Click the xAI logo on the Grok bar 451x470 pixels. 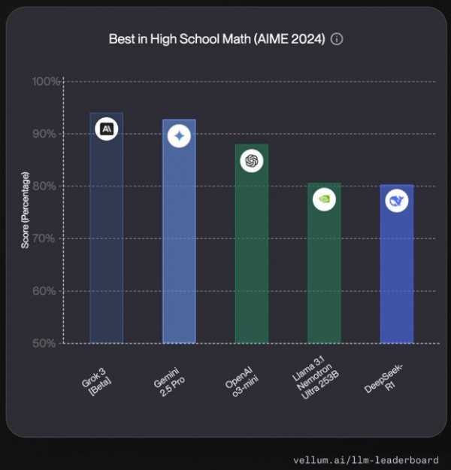pos(107,129)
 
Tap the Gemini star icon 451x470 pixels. pos(179,136)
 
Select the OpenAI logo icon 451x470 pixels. pos(252,160)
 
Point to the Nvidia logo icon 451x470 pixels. pos(324,200)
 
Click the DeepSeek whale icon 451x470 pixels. pos(396,201)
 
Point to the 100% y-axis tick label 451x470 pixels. pos(46,81)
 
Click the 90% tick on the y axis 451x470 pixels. pos(48,134)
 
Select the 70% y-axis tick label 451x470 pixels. pos(48,238)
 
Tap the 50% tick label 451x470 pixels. pos(48,343)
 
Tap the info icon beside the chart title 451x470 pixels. pos(337,39)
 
